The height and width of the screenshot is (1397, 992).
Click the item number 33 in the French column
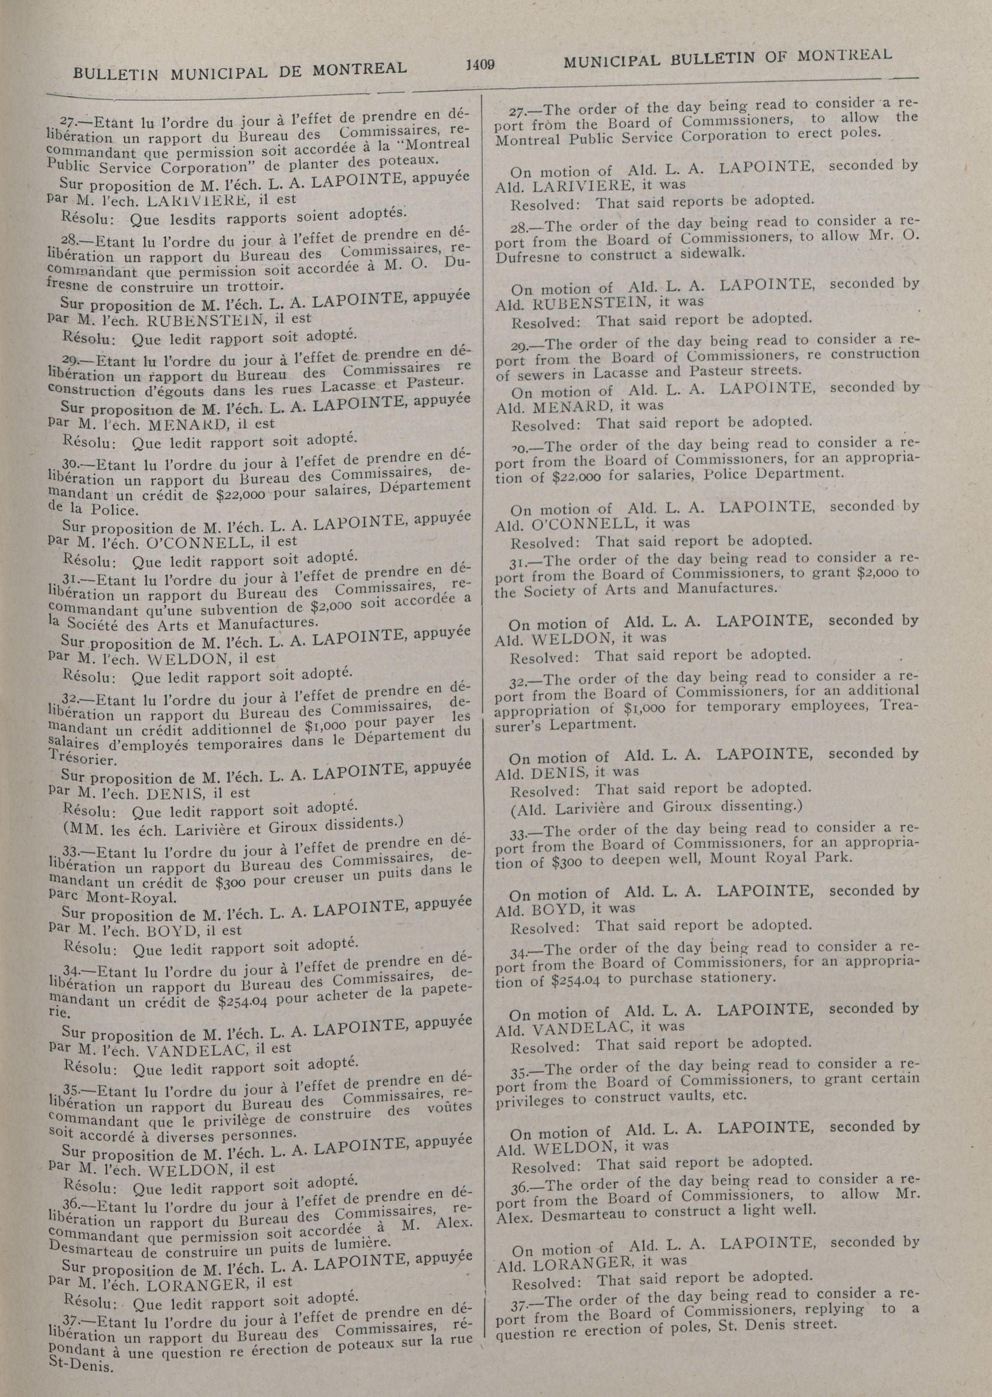[x=72, y=850]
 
